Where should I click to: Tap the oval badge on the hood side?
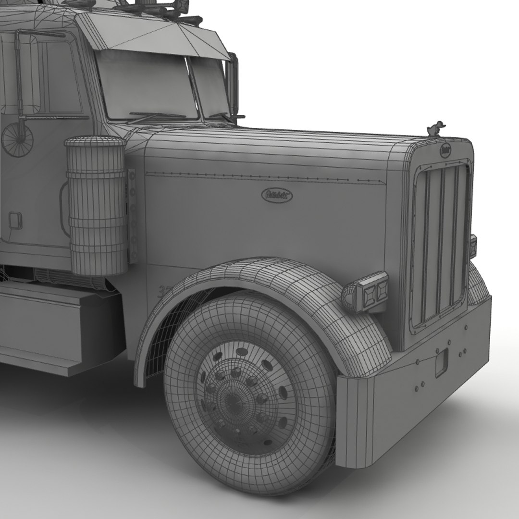pos(277,195)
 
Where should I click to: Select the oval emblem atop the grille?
pos(446,150)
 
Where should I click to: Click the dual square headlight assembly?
pos(372,291)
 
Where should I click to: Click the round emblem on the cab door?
pos(17,139)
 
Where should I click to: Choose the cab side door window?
pos(53,77)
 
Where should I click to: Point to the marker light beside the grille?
pos(473,246)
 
